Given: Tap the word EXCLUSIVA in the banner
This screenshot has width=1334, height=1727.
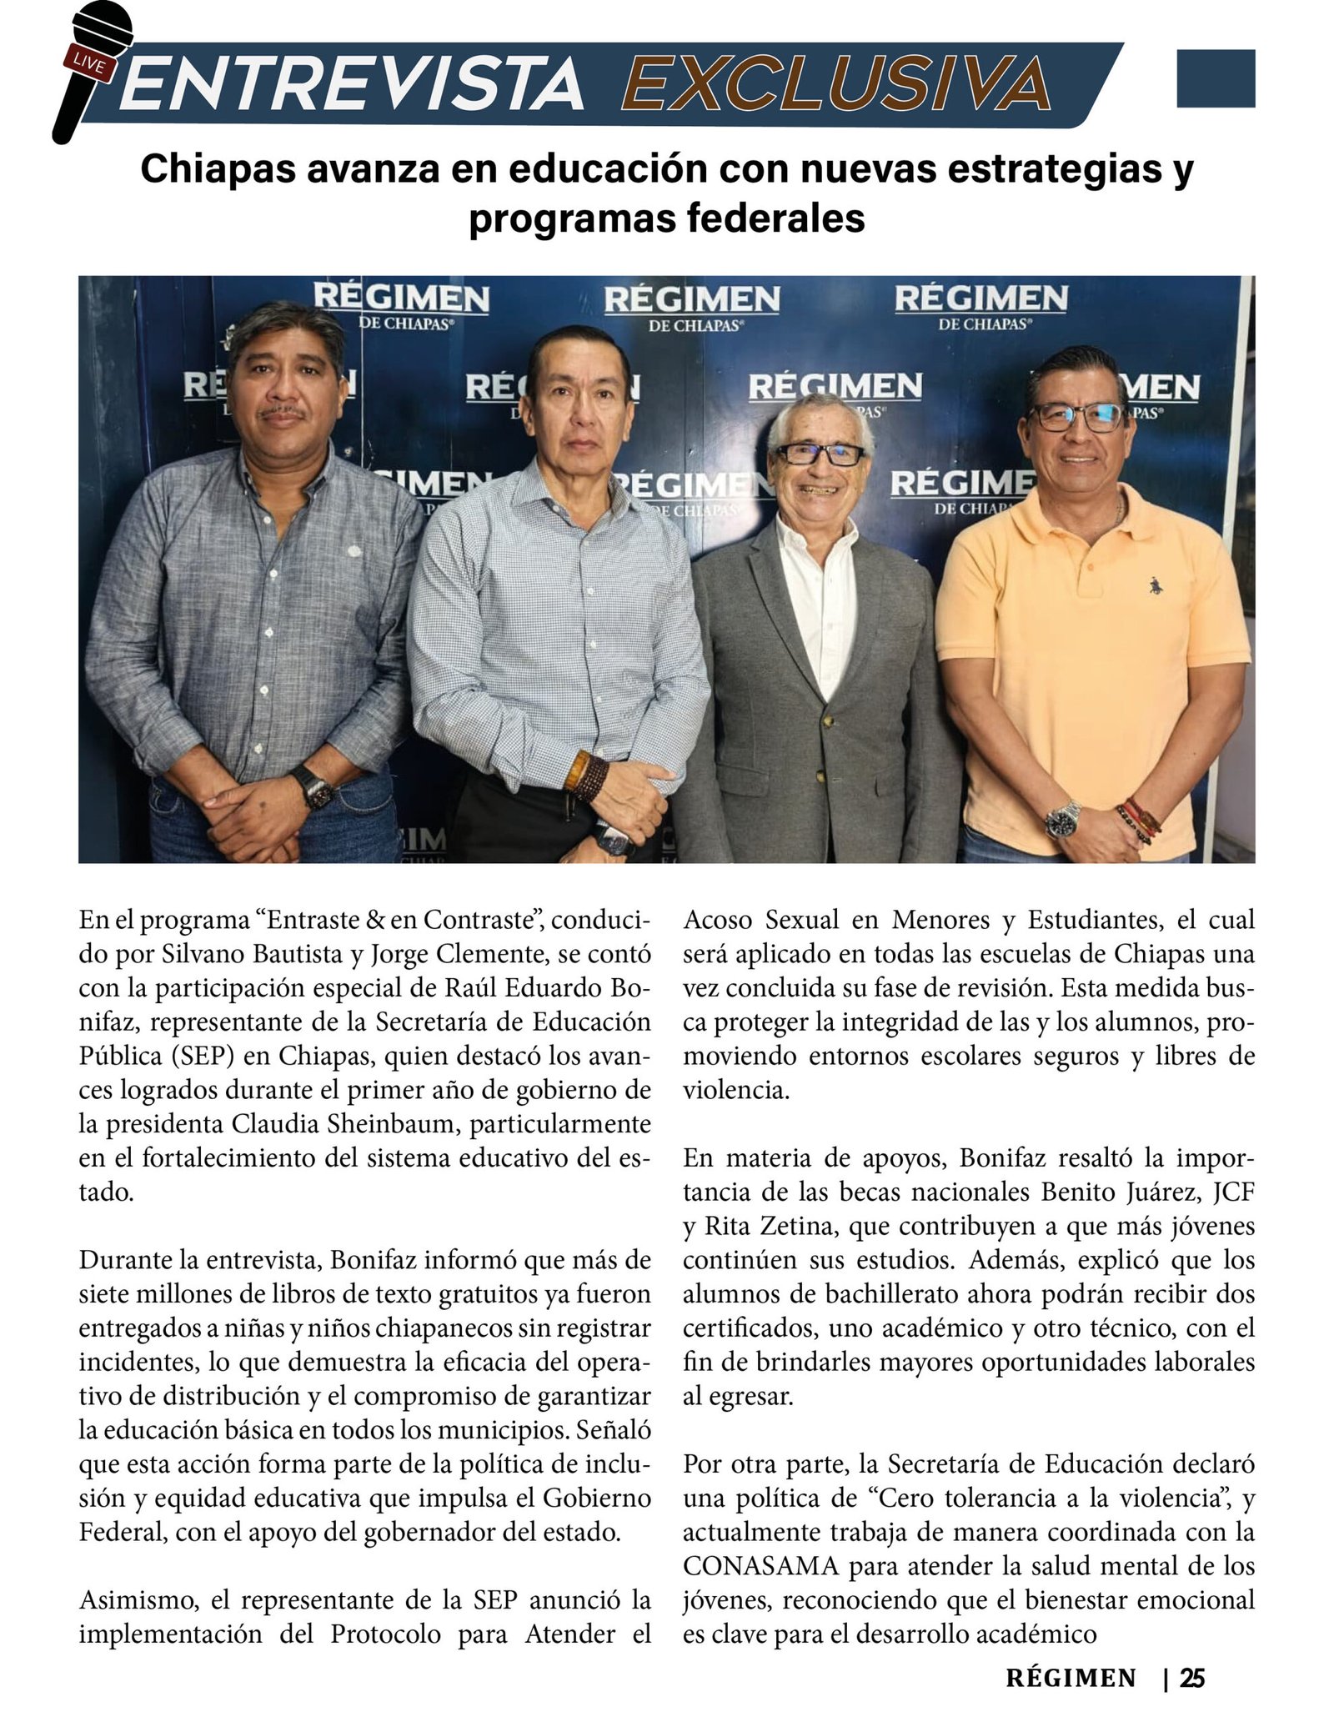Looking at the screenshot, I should pyautogui.click(x=835, y=83).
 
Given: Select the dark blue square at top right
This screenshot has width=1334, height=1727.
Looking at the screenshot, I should pyautogui.click(x=1215, y=78).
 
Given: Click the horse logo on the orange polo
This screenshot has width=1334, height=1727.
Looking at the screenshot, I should pyautogui.click(x=1154, y=585).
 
